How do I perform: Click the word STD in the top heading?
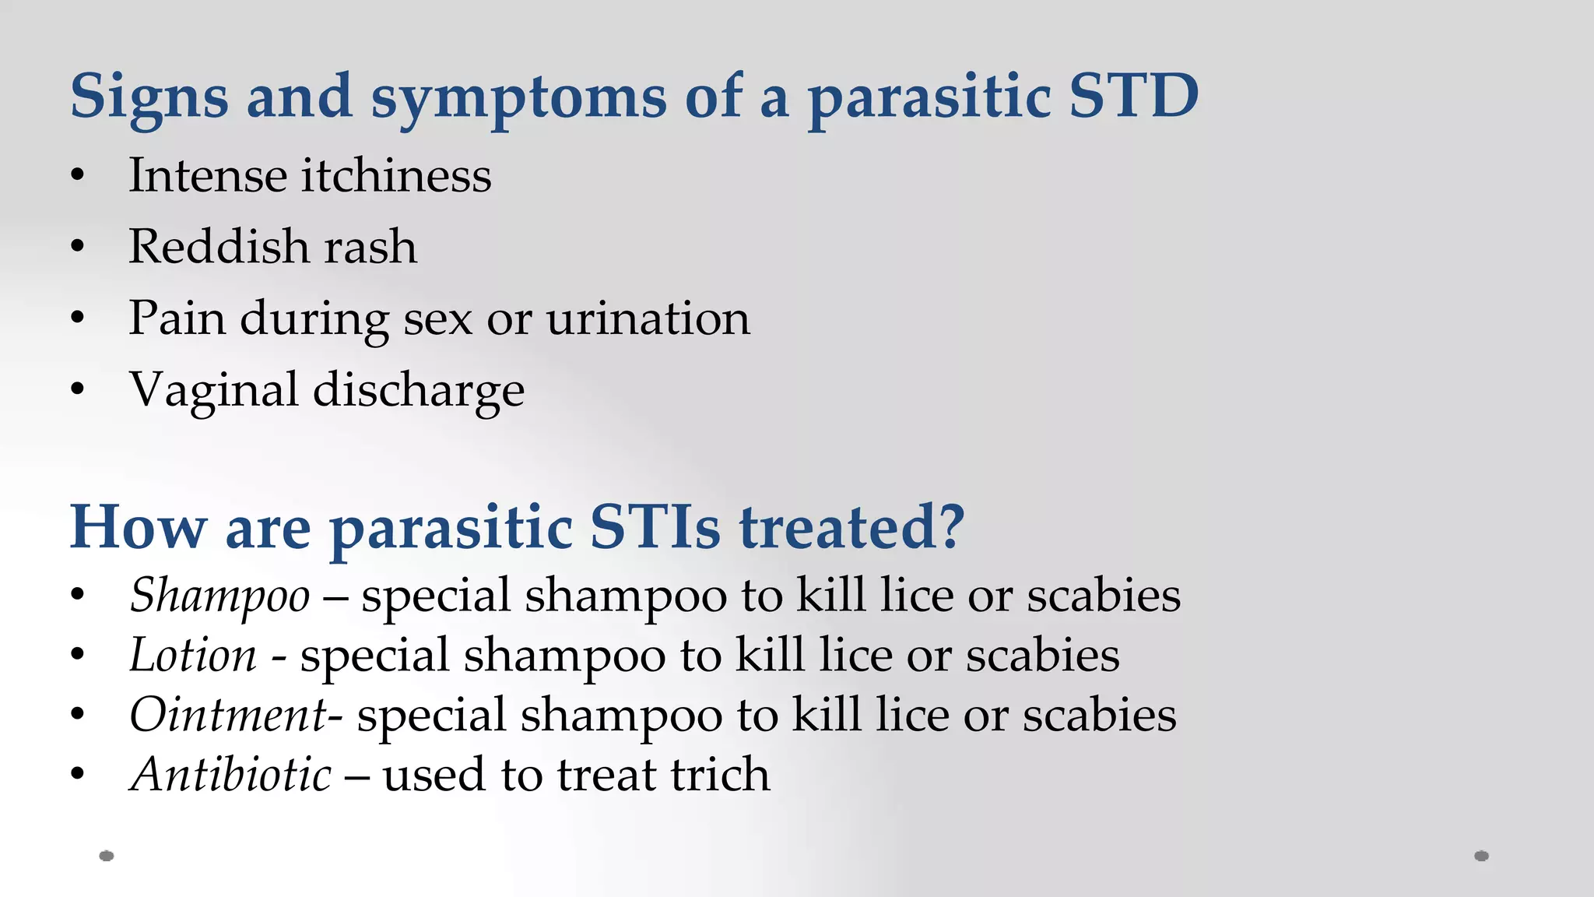pos(1133,96)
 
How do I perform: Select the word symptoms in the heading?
pos(518,99)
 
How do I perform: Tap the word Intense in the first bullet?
pos(208,175)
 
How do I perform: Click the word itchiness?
pos(397,175)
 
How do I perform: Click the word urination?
pos(648,318)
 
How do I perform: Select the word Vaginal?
pos(214,391)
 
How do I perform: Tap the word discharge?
pos(419,391)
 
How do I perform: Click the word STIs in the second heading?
pos(655,527)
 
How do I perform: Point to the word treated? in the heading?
pos(851,527)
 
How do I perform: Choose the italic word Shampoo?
pos(220,596)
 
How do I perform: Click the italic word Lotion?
pos(193,656)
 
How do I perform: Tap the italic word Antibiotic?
pos(231,776)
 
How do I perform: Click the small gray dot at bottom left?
pos(107,856)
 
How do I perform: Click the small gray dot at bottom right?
pos(1482,856)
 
